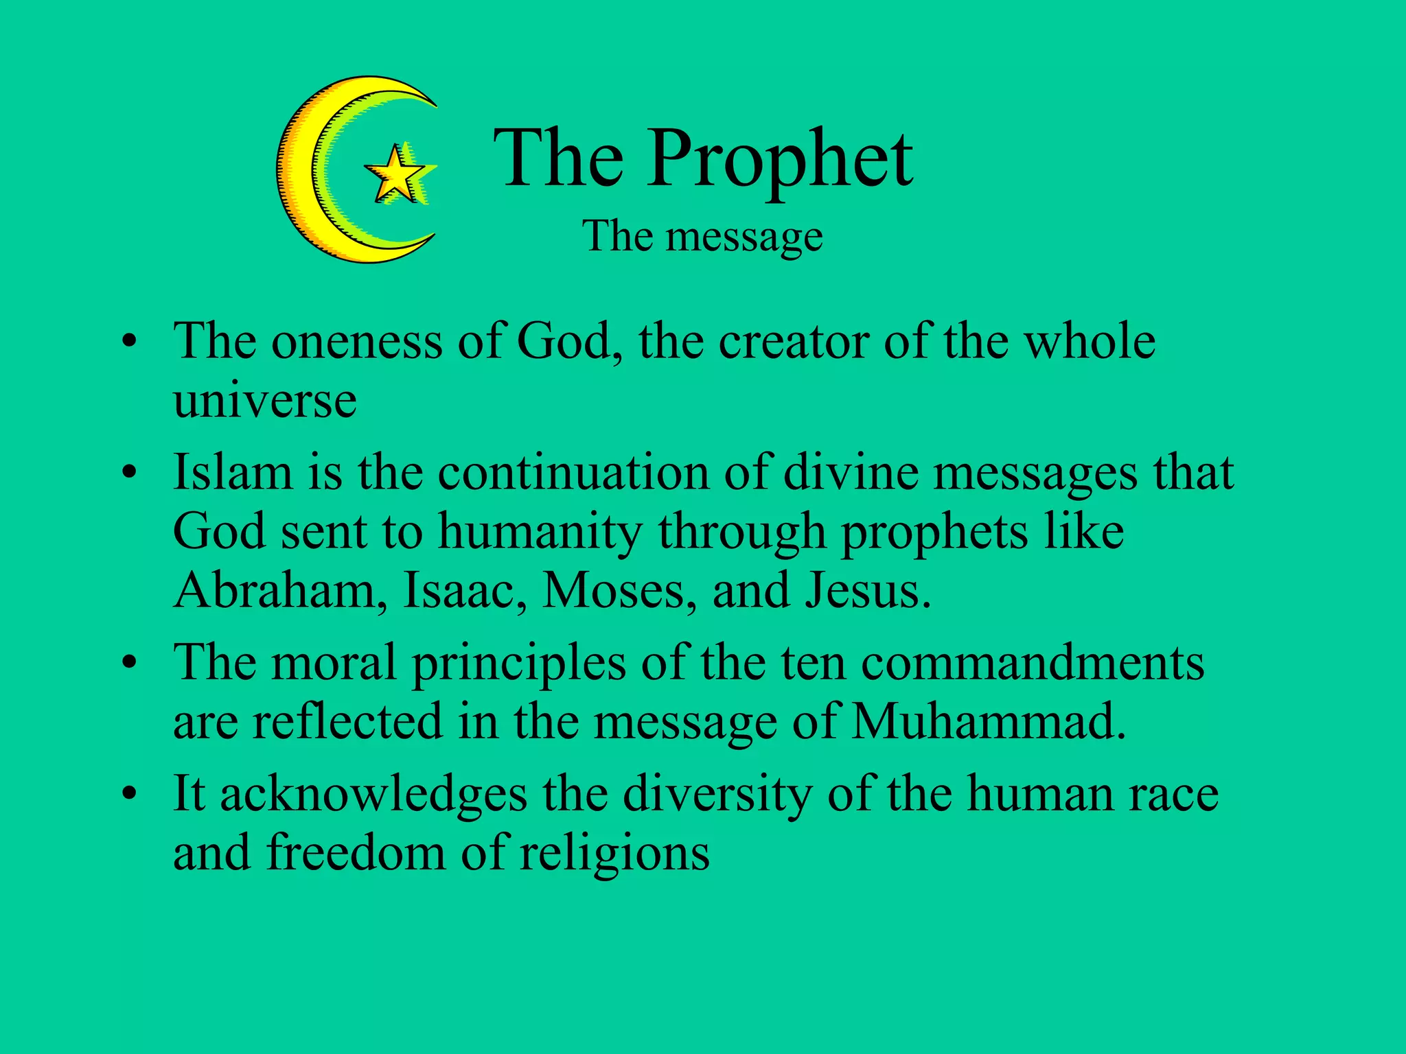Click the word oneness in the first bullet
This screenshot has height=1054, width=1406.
[356, 341]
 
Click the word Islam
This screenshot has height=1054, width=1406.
[233, 473]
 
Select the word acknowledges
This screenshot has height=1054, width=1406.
[373, 795]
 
